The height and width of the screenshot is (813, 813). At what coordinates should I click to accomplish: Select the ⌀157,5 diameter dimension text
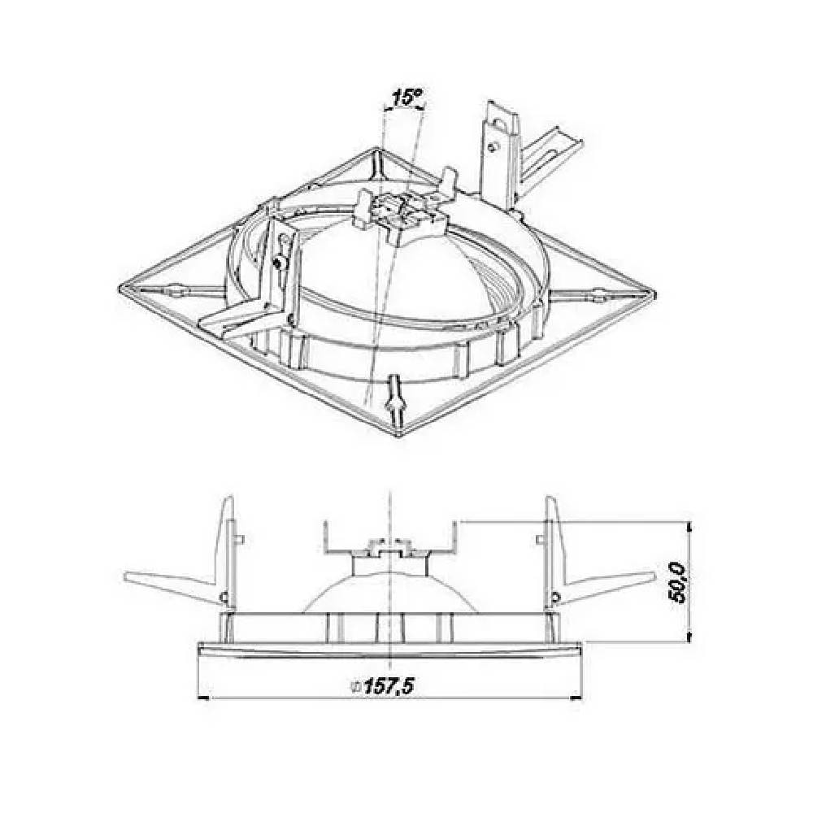point(382,687)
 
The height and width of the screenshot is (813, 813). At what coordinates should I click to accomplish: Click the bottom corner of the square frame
point(399,435)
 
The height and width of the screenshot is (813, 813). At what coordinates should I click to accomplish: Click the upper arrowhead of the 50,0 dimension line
point(690,528)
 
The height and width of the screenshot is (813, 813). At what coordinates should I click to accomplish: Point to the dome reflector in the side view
point(390,589)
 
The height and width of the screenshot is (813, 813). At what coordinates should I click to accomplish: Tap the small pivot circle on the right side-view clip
point(554,598)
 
